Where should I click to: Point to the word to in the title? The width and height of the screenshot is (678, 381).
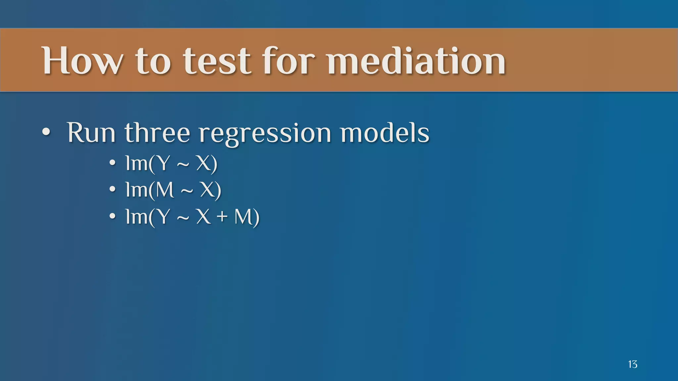pos(153,61)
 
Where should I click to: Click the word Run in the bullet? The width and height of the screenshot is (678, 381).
pos(91,133)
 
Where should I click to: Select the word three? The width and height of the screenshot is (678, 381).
pos(157,133)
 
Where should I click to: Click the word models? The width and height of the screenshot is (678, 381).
pos(385,133)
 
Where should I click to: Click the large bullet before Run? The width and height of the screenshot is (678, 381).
pos(46,132)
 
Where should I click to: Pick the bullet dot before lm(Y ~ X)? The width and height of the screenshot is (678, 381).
pos(113,163)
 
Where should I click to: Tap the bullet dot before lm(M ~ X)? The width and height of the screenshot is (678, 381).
pos(113,190)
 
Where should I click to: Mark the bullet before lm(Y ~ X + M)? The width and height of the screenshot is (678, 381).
pos(113,216)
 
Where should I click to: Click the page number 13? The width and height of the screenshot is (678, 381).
pos(632,364)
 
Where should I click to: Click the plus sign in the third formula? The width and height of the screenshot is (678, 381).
pos(222,217)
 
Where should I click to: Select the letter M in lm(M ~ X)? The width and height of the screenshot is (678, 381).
pos(165,190)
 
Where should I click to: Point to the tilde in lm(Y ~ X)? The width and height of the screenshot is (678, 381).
pos(183,164)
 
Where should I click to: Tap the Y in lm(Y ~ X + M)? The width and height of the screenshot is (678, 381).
pos(163,217)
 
